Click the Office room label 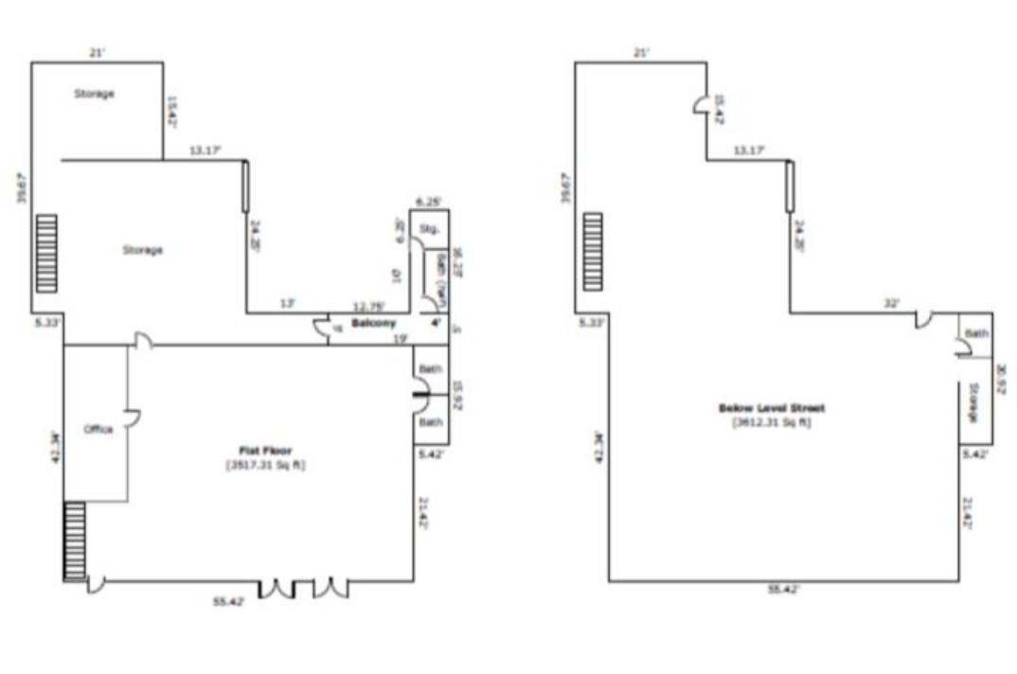98,430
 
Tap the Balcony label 373,324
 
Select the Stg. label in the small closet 427,228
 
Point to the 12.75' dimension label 367,306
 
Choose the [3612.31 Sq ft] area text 772,422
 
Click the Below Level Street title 772,408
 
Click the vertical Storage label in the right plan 973,402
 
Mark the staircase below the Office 75,541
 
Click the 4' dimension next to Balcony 437,323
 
